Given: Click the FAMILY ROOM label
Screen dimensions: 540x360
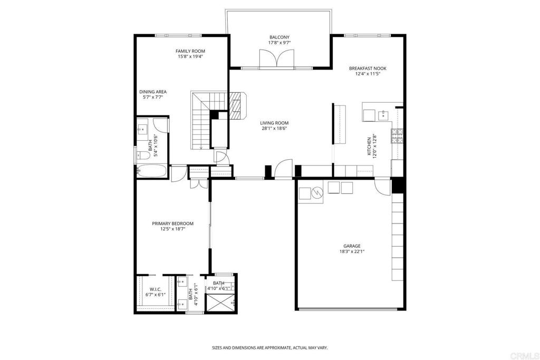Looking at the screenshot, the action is click(x=190, y=51).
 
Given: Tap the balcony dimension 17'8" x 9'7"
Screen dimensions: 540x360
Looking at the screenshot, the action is click(x=279, y=43).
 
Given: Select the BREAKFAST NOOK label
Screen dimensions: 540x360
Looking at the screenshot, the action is click(x=368, y=68).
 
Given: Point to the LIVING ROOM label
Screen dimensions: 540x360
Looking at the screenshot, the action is click(x=274, y=123).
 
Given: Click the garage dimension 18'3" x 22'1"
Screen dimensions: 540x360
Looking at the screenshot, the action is click(x=352, y=251).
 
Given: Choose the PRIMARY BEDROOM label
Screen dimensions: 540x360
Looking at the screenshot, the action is click(x=172, y=223).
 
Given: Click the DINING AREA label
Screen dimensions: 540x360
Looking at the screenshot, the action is click(x=153, y=92).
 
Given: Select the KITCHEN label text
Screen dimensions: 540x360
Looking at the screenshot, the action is click(x=369, y=147).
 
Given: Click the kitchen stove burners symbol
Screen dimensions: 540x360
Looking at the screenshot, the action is click(x=397, y=135).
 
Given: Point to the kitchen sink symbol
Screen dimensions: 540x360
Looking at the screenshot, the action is click(x=383, y=115).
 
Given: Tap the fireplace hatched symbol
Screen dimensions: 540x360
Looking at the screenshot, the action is click(x=237, y=105).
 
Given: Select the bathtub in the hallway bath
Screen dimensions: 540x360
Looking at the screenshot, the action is click(x=152, y=170).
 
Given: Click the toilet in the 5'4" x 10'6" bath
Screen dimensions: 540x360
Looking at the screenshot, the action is click(x=143, y=155).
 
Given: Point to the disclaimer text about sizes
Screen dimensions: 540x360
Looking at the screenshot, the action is click(x=269, y=348).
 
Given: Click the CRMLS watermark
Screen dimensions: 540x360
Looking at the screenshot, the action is click(x=524, y=356).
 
